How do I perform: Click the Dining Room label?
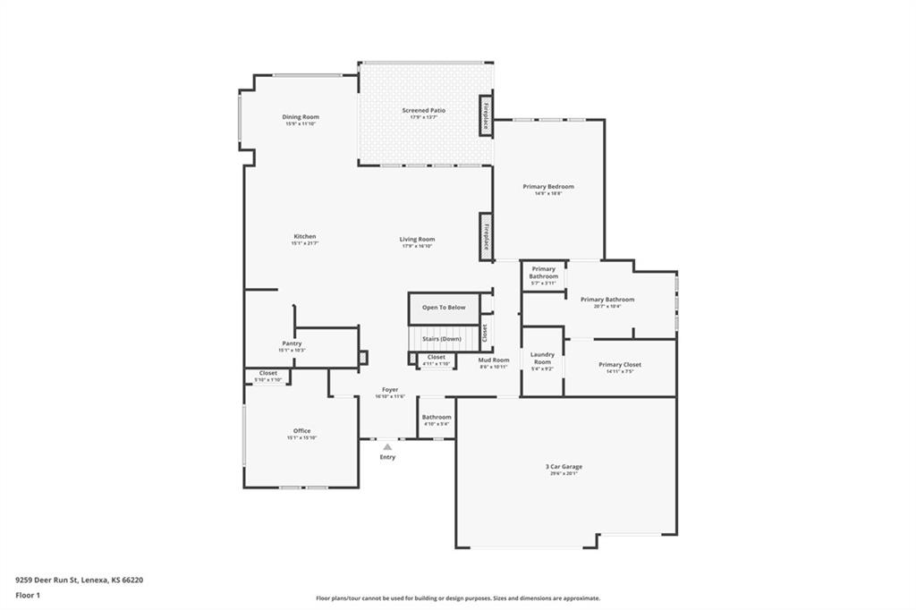tap(301, 117)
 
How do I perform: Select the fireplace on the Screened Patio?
tap(486, 114)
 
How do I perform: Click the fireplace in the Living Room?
tap(486, 236)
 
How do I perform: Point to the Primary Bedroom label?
tap(548, 186)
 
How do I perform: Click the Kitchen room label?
tap(304, 236)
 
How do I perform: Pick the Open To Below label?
tap(444, 308)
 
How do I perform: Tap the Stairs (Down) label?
tap(442, 339)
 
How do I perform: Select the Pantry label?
tap(292, 343)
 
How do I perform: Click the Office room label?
tap(301, 431)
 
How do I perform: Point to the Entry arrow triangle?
tap(386, 445)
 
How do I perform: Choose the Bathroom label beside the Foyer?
tap(437, 417)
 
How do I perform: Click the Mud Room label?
tap(494, 360)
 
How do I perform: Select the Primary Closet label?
tap(620, 365)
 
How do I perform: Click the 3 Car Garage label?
tap(564, 467)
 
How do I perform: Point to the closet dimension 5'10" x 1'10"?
tap(268, 380)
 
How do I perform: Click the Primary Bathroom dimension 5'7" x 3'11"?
tap(543, 284)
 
